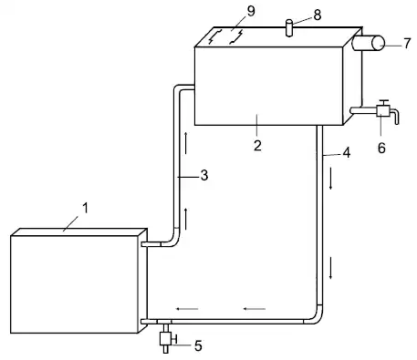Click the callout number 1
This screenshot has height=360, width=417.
point(85,208)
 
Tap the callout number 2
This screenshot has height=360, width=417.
point(257,146)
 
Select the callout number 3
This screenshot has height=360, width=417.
point(204,175)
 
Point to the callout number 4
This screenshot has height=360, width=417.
point(347,152)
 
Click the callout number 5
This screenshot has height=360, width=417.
point(198,345)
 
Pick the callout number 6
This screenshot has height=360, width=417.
point(381,148)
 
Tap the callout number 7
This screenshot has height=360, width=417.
point(408,43)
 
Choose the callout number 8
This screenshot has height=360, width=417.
point(318,15)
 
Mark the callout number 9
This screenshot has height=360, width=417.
point(251,11)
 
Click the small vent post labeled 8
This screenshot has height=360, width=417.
point(289,28)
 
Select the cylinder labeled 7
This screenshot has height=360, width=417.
point(369,43)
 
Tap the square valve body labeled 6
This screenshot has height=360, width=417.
point(383,110)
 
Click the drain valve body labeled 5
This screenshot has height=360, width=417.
point(166,339)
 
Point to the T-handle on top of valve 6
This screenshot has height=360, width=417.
point(384,102)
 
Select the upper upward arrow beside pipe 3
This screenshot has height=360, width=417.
point(185,143)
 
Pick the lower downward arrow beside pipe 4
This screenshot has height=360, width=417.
point(330,268)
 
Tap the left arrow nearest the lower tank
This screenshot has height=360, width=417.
point(187,309)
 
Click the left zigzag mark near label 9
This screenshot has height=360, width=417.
point(214,36)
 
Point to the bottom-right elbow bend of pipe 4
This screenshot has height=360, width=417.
point(318,318)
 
